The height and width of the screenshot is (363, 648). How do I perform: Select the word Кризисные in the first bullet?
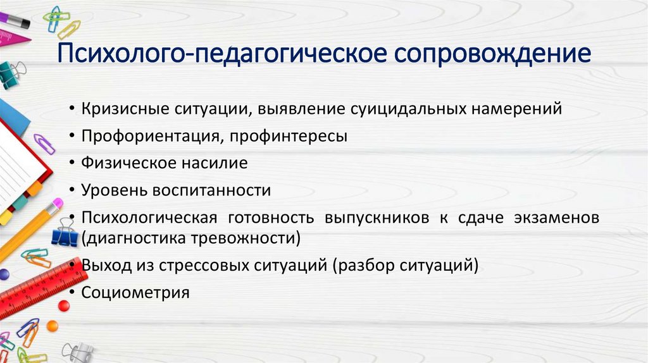tap(123, 109)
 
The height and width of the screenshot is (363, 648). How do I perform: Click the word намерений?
tap(515, 109)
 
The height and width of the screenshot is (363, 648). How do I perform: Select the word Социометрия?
tap(135, 293)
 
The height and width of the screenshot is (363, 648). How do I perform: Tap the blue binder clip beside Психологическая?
tap(65, 234)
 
